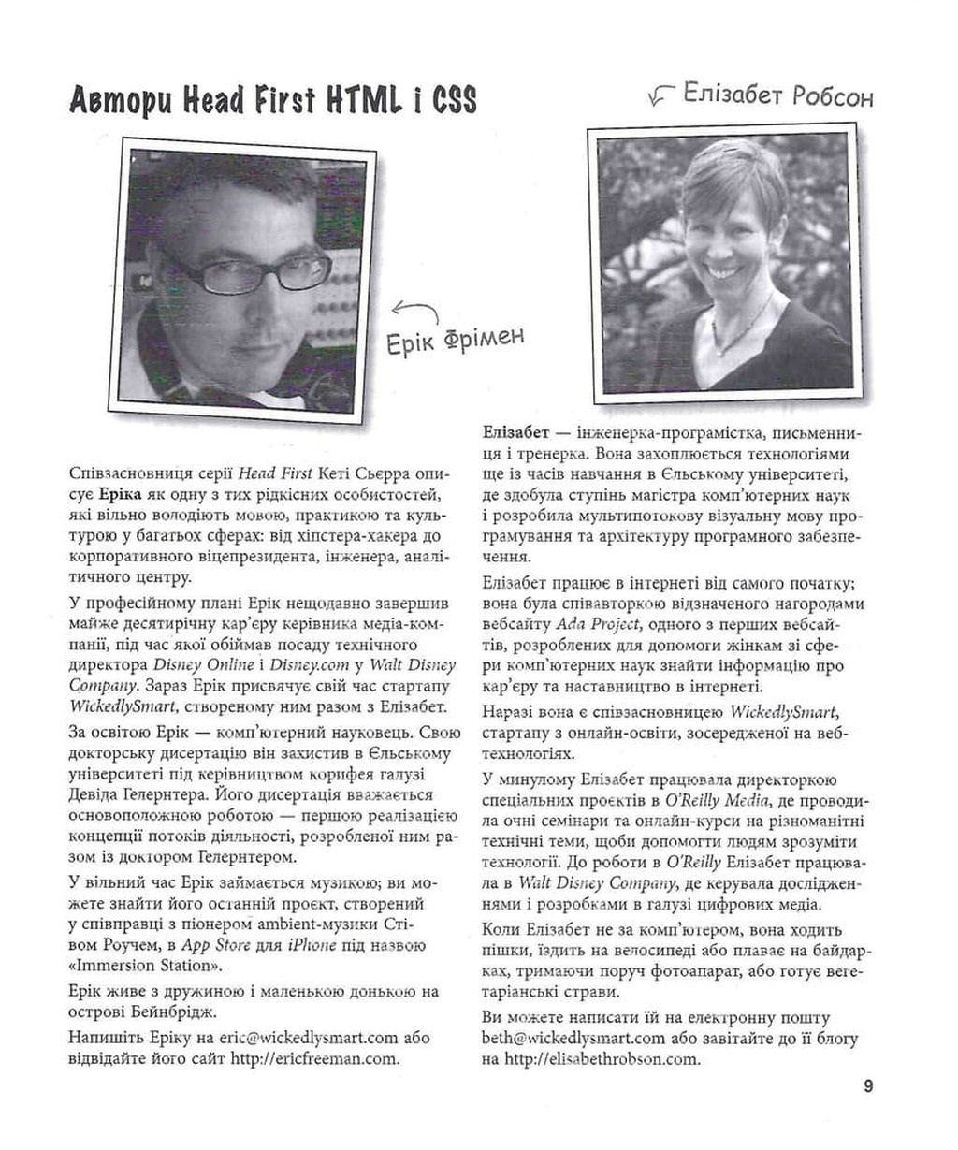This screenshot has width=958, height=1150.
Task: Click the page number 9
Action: (x=869, y=1086)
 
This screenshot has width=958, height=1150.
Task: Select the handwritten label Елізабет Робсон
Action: (x=777, y=95)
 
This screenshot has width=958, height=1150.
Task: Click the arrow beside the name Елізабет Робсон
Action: (x=661, y=95)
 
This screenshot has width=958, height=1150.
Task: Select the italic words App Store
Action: (x=215, y=945)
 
